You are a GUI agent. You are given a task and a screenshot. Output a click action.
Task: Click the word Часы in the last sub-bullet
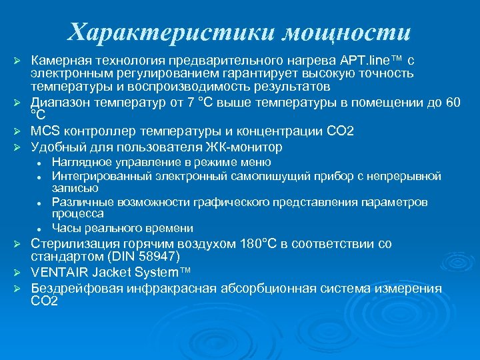pyautogui.click(x=66, y=228)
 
